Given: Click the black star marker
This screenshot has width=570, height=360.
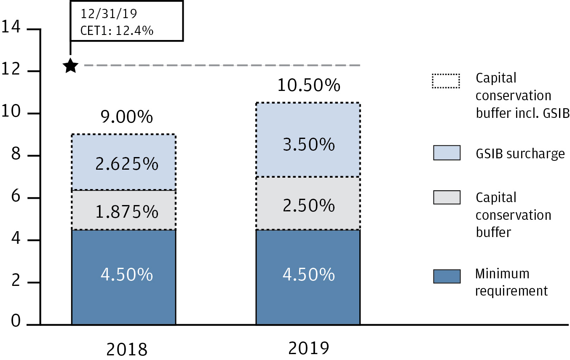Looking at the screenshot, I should click(70, 65).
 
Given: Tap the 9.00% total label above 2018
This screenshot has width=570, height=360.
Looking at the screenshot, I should click(127, 117).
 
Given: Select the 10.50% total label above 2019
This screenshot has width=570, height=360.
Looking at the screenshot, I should click(309, 85).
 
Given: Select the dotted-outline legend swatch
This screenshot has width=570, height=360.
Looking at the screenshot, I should click(446, 81).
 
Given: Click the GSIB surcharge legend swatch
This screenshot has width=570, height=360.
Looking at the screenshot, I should click(446, 153).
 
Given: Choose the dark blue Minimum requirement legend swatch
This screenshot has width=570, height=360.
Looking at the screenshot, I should click(446, 276).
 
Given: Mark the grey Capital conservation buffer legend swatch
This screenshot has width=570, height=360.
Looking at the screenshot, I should click(446, 197).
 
